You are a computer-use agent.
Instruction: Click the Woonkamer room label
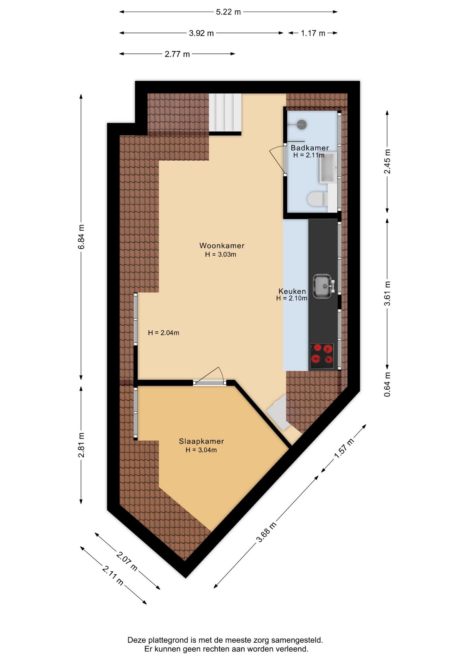222,246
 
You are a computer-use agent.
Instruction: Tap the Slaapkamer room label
201,441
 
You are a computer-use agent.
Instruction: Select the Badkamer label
309,148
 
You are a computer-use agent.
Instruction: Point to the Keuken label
292,291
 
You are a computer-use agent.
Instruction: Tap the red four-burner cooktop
322,355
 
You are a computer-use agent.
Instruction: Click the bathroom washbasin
327,168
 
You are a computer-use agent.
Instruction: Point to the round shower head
302,124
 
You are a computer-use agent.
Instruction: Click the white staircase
225,113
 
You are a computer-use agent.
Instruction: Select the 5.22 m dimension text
228,12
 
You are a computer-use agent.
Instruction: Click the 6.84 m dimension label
81,237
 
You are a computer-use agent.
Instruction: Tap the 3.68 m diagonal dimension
266,533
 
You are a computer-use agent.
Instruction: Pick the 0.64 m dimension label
387,384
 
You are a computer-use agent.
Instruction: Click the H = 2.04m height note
163,333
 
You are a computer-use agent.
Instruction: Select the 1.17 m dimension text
313,33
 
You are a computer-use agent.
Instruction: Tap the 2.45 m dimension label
387,162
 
